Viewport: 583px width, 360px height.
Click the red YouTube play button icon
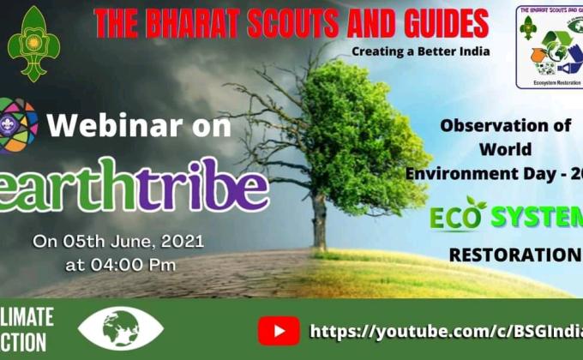(279, 330)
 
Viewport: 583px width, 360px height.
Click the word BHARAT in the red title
(201, 23)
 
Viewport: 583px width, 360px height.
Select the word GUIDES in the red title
(442, 23)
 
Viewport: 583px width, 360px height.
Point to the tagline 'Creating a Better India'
(420, 51)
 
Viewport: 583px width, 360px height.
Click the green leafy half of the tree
(360, 129)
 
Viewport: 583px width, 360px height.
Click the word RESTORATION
(513, 255)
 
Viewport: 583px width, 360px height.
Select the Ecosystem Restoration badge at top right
(550, 47)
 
